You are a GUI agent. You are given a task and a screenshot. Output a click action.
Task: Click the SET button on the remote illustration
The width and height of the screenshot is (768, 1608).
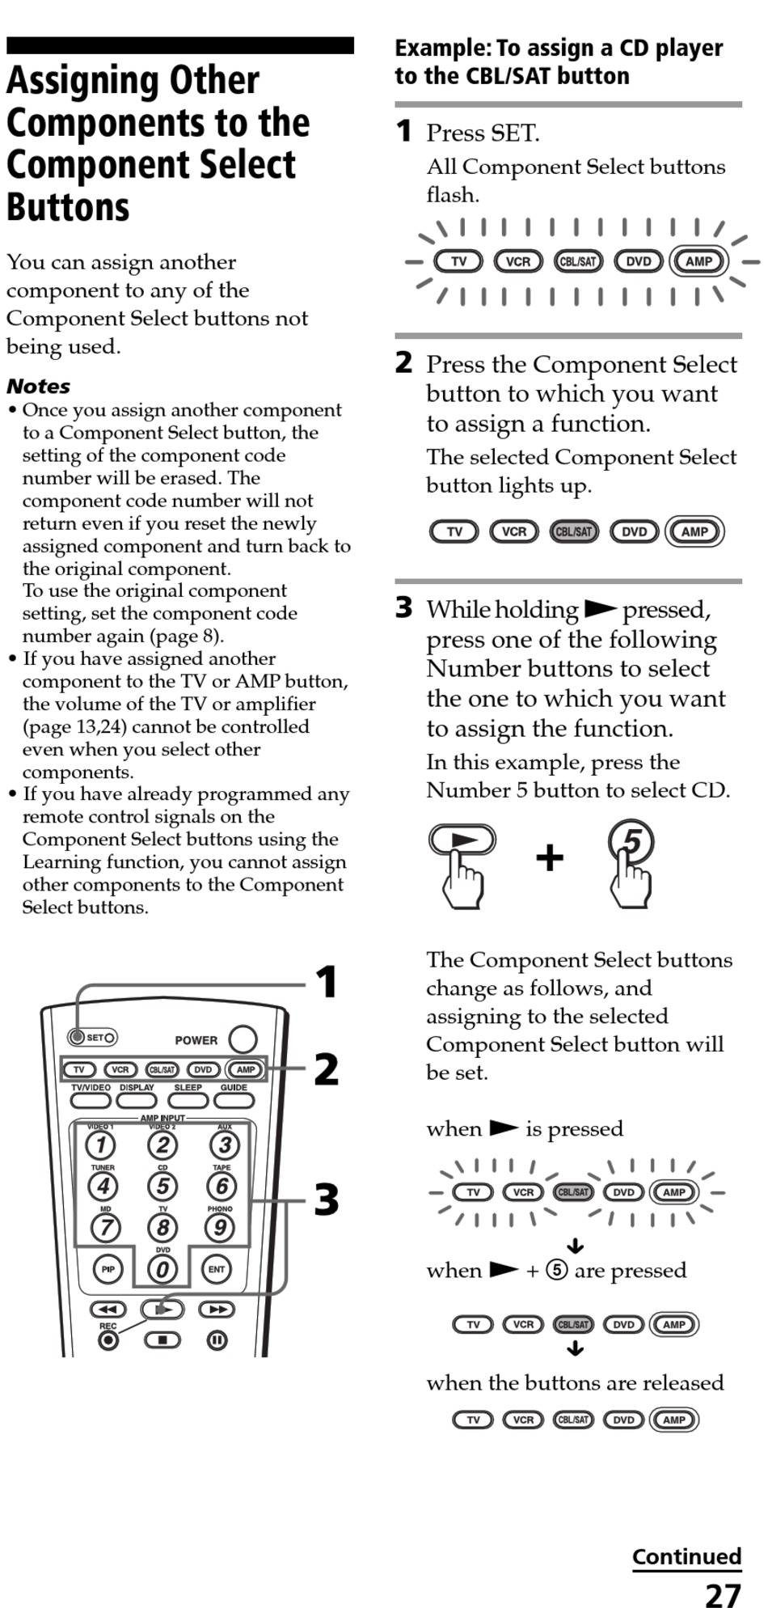[x=78, y=1037]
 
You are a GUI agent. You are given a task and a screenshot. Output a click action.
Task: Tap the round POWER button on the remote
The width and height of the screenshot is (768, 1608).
[x=243, y=1039]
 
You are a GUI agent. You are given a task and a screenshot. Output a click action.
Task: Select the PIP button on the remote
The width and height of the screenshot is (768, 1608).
[x=108, y=1269]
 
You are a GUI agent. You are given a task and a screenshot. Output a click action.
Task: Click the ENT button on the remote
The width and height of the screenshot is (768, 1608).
[x=217, y=1269]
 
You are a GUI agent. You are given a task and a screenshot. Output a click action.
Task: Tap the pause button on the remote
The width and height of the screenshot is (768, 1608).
[x=217, y=1340]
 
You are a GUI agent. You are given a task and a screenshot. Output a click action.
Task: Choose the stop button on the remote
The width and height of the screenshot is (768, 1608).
[x=162, y=1340]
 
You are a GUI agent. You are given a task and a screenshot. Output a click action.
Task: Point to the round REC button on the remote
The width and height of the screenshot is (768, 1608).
[x=108, y=1340]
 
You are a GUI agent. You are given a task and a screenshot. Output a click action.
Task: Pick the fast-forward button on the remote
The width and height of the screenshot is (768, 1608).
[x=217, y=1310]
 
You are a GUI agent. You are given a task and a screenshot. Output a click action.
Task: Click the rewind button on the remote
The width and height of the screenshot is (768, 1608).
[x=108, y=1310]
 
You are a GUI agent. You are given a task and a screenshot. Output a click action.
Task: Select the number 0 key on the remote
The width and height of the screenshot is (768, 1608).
[x=162, y=1269]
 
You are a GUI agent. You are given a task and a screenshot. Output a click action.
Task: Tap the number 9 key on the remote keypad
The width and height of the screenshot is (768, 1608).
[x=220, y=1228]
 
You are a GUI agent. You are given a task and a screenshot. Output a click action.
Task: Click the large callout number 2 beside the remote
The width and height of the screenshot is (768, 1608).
[x=327, y=1069]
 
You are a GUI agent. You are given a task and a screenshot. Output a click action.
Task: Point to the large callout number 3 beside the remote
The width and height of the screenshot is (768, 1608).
[x=327, y=1200]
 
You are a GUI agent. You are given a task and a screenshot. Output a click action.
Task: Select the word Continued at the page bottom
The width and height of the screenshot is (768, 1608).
[x=686, y=1556]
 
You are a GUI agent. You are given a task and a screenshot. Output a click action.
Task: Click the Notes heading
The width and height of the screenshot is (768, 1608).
[x=38, y=386]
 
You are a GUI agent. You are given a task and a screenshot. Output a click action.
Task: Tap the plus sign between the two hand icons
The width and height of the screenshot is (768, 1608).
[x=550, y=857]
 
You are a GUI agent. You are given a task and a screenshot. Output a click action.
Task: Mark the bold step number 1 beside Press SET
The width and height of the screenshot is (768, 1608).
[x=403, y=131]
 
